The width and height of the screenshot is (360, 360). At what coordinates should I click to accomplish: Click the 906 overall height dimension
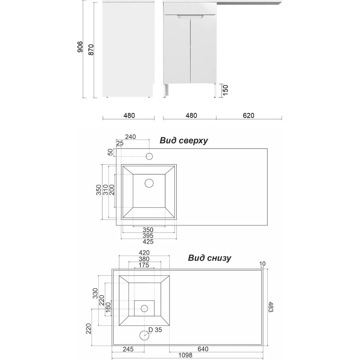point(80,47)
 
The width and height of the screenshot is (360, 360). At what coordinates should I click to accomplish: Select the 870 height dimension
point(91,50)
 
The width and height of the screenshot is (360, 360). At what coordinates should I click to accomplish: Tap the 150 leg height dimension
point(225,90)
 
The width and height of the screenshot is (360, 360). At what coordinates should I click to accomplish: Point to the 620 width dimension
point(248,116)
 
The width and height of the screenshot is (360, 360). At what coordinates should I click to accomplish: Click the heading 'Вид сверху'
point(184,140)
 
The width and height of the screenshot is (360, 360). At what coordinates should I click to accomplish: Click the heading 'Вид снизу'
point(210,258)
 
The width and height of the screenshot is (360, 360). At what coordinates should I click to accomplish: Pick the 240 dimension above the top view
point(130,137)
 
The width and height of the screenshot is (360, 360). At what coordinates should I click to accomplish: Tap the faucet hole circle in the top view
point(149,156)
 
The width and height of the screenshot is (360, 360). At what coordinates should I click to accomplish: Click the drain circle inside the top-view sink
point(149,183)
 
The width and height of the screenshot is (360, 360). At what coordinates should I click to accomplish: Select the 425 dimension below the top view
point(148,242)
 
